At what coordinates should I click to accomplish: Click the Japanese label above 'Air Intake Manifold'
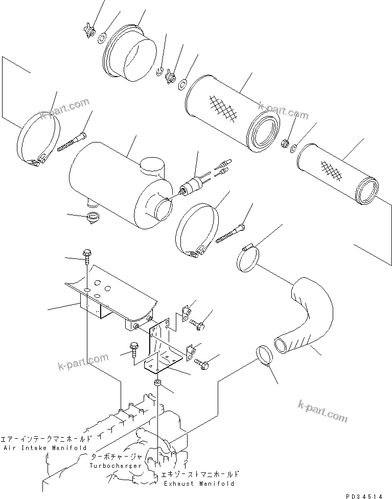click(x=47, y=438)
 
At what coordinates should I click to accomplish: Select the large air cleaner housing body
click(x=112, y=184)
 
